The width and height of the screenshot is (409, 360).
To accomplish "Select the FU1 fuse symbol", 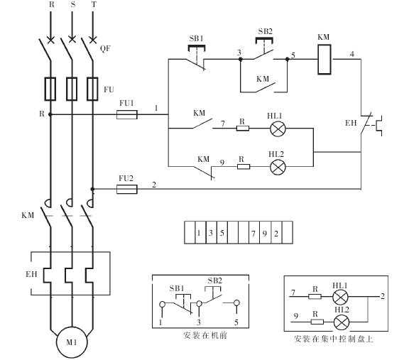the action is coord(127,114).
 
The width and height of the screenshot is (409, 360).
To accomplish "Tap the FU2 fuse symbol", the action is coord(127,189).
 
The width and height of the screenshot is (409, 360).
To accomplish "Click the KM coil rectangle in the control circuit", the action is coord(325,60).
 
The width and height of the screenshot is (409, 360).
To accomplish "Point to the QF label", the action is coord(105,48).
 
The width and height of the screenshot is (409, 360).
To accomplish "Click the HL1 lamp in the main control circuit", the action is coord(278,129).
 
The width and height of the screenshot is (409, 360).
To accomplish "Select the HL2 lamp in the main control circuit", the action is coord(278,167).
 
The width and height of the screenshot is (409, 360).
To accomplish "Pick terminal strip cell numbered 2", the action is coord(276,233).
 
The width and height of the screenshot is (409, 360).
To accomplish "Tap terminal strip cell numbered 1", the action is coord(200,233).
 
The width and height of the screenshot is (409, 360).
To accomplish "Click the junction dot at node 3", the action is coord(241,60).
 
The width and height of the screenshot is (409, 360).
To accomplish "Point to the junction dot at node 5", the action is coord(287,60).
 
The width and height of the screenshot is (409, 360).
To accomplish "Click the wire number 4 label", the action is coord(352,54).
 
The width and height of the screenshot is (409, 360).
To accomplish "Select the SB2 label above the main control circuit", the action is coord(266,31).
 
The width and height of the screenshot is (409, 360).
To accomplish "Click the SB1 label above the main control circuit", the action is coord(197,38).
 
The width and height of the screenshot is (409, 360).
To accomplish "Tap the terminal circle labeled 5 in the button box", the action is coord(236,303).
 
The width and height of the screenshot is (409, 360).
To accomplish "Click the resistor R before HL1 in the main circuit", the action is coord(243,129).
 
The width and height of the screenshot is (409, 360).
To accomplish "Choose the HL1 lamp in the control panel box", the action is coord(340,297).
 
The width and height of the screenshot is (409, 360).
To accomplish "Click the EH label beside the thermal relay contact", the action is coord(351,123).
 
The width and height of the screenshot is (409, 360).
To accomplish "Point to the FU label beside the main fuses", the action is coord(109,89).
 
